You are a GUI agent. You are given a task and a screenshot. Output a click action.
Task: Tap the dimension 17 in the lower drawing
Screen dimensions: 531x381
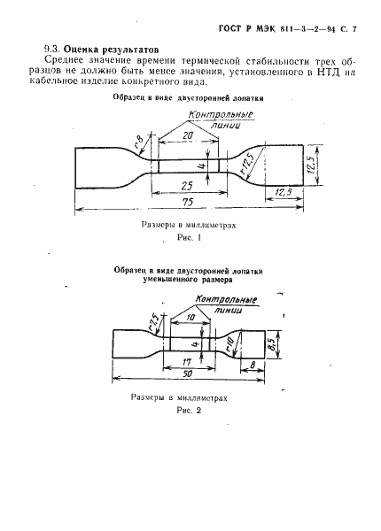tap(186, 360)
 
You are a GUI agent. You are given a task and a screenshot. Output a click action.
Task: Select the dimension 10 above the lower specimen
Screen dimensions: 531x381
tap(191, 316)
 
